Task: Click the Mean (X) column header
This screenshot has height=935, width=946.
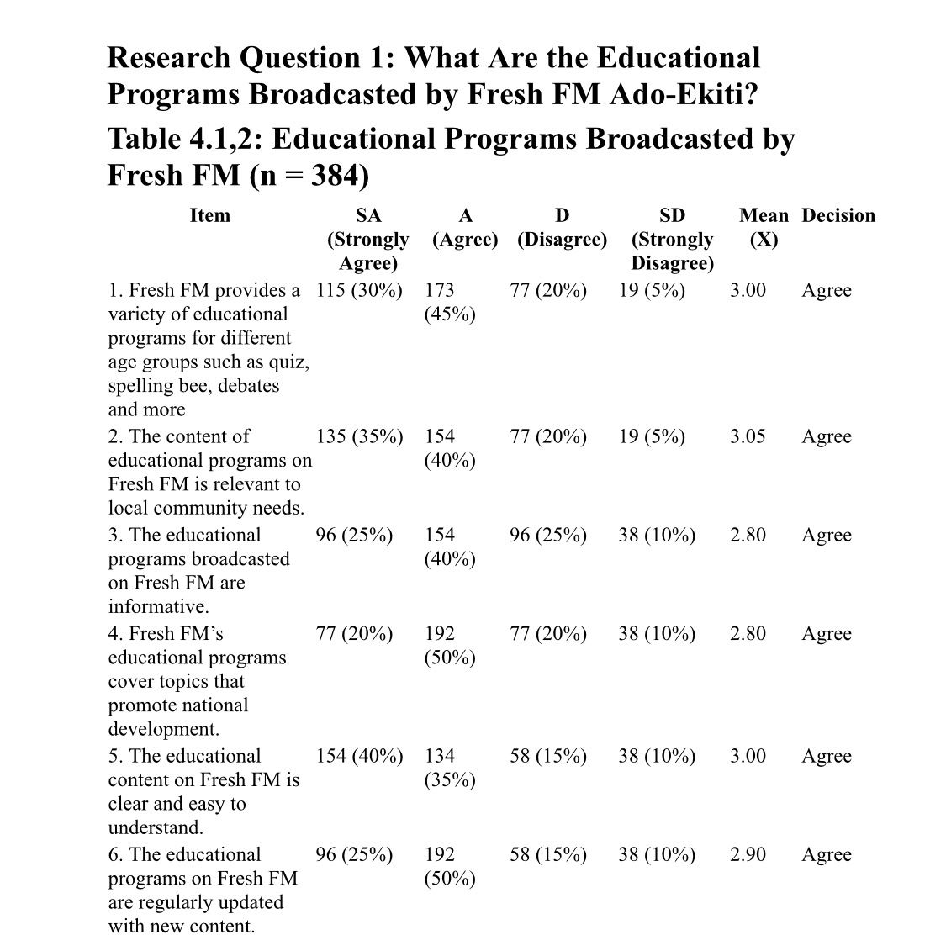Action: pyautogui.click(x=764, y=227)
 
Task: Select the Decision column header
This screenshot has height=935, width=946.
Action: pyautogui.click(x=838, y=215)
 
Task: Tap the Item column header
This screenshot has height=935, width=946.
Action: pyautogui.click(x=209, y=215)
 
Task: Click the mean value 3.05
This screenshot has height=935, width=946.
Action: pyautogui.click(x=748, y=436)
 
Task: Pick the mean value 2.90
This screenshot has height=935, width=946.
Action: pyautogui.click(x=748, y=854)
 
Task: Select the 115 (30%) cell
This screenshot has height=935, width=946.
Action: pyautogui.click(x=359, y=290)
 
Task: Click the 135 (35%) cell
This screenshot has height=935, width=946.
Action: pyautogui.click(x=359, y=436)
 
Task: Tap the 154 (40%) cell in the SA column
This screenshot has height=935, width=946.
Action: pyautogui.click(x=359, y=756)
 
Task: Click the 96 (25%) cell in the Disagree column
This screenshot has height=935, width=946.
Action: pyautogui.click(x=548, y=535)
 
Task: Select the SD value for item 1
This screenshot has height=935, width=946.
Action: pyautogui.click(x=652, y=290)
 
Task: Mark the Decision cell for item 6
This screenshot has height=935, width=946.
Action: pyautogui.click(x=826, y=854)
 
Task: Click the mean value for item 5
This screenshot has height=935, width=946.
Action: pyautogui.click(x=748, y=756)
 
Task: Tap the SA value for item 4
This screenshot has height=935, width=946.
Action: pyautogui.click(x=354, y=633)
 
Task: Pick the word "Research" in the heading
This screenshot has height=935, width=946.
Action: pyautogui.click(x=169, y=58)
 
